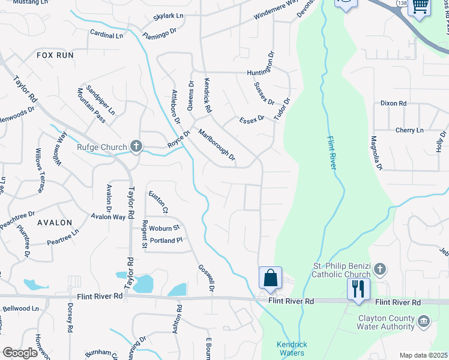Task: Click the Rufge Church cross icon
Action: click(x=136, y=146)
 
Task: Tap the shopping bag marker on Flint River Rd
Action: click(x=270, y=278)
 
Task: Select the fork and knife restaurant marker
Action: click(x=358, y=289)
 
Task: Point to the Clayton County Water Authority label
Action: click(x=387, y=322)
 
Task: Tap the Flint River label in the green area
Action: click(x=331, y=153)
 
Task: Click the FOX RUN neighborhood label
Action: click(x=55, y=55)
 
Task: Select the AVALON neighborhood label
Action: click(x=55, y=222)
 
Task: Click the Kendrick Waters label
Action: click(x=292, y=349)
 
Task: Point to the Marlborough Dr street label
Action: click(x=217, y=148)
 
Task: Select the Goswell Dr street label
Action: click(x=205, y=279)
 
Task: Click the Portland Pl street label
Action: click(x=166, y=241)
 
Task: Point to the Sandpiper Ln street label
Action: click(x=100, y=100)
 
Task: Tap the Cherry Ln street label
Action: click(x=409, y=130)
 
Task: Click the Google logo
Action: click(x=20, y=353)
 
